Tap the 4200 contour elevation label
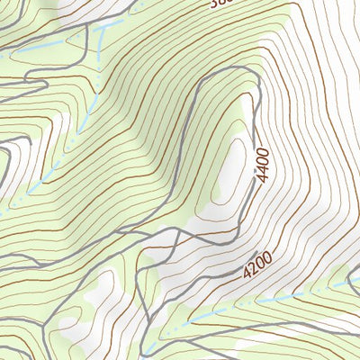coord(256,264)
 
